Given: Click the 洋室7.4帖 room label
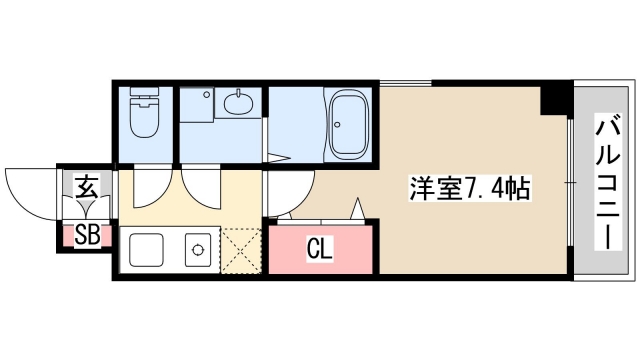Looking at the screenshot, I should pos(468,187).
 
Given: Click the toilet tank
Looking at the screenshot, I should pos(142,97).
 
